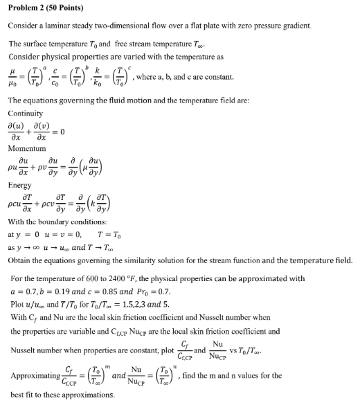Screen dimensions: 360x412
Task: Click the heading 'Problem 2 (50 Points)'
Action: click(46, 8)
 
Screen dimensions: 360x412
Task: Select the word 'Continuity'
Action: click(26, 113)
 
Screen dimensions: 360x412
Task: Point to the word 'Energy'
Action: click(20, 185)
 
